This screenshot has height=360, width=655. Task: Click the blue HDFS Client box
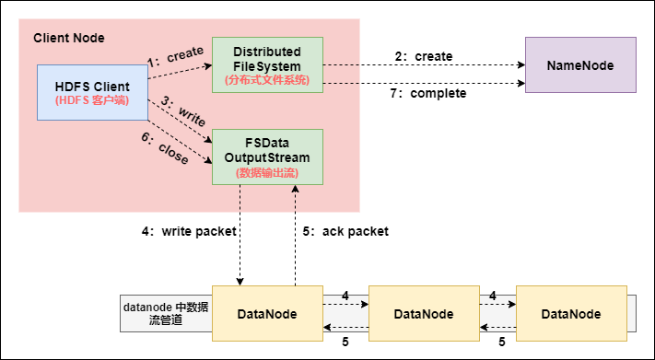(x=92, y=92)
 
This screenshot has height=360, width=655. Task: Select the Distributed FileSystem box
(x=267, y=64)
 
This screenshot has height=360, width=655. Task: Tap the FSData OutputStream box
(x=267, y=157)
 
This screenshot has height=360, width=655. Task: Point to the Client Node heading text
(x=69, y=38)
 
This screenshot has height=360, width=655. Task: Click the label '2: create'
(x=424, y=56)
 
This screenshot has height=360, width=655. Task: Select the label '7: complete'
(x=429, y=94)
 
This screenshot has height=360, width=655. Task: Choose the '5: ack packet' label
(x=345, y=231)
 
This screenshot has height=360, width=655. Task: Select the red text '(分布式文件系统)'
(x=267, y=80)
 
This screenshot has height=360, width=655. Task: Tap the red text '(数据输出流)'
(x=267, y=172)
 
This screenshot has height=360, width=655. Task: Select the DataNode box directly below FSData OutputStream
(x=267, y=314)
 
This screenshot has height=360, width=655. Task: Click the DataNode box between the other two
(x=423, y=314)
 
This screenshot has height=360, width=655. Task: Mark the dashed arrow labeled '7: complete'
(x=424, y=83)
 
